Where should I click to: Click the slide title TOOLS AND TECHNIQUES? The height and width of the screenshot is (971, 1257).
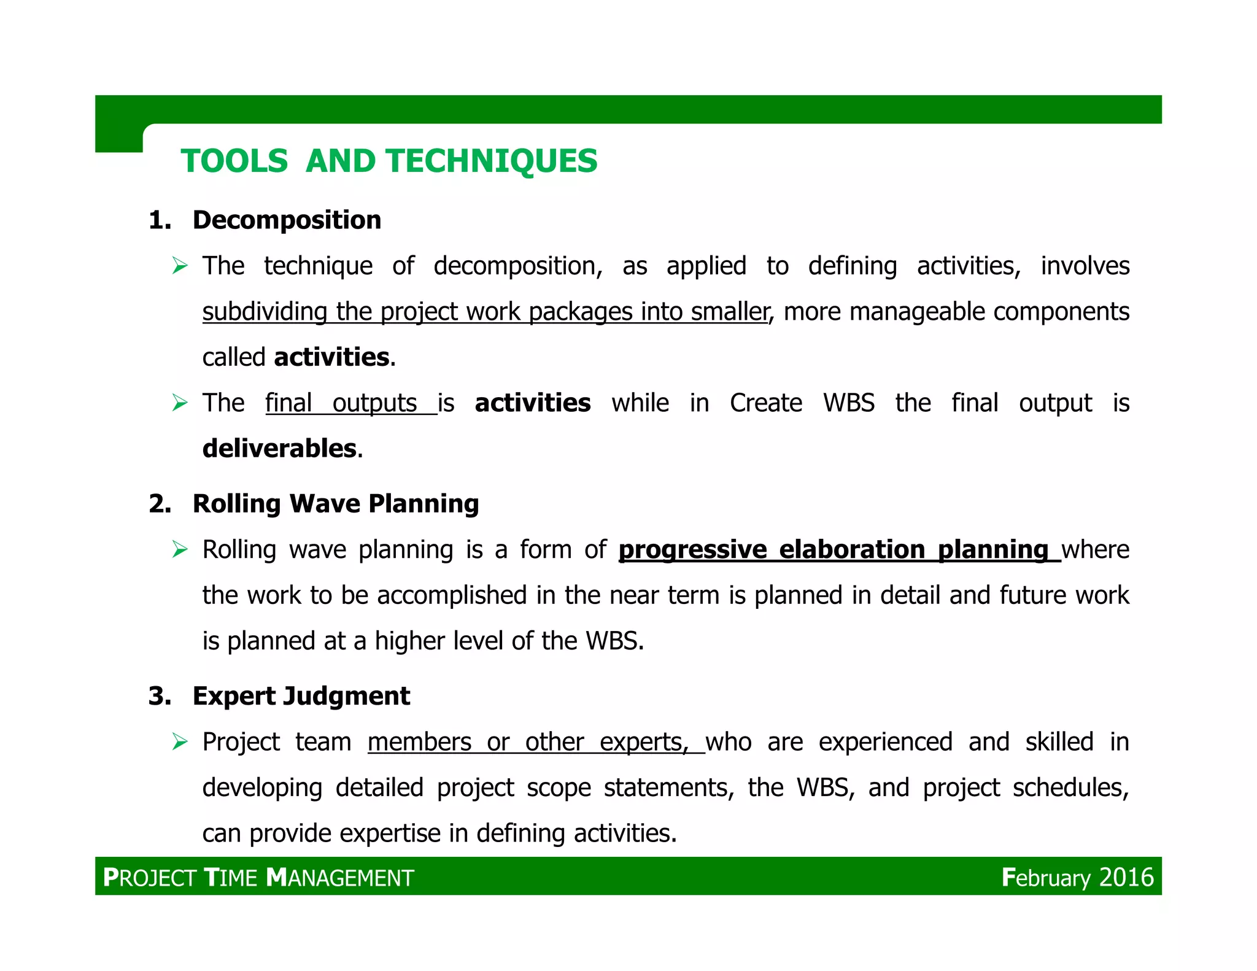click(x=389, y=161)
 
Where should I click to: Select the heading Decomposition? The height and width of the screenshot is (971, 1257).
click(x=287, y=220)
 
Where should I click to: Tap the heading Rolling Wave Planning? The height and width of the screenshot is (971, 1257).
click(x=335, y=503)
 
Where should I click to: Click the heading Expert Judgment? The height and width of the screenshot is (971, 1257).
click(x=301, y=696)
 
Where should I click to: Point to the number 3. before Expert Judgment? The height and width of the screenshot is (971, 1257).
click(x=160, y=696)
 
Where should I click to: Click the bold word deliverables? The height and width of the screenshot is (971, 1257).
click(x=279, y=449)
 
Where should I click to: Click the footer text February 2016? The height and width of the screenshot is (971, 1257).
click(x=1077, y=877)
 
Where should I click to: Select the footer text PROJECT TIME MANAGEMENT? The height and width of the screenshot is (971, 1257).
click(x=258, y=878)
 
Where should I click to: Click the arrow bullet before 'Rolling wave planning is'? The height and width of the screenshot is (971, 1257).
click(x=180, y=549)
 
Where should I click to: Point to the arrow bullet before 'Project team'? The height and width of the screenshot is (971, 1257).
click(x=180, y=742)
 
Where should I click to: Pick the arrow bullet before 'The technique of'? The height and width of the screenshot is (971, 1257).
click(x=180, y=266)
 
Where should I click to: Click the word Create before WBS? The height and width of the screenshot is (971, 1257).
click(x=765, y=403)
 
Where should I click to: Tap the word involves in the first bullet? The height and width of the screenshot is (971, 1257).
click(x=1085, y=266)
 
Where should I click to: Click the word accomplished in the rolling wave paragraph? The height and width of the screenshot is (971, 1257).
click(x=452, y=595)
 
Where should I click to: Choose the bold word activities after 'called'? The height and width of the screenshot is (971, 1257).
click(x=331, y=357)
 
